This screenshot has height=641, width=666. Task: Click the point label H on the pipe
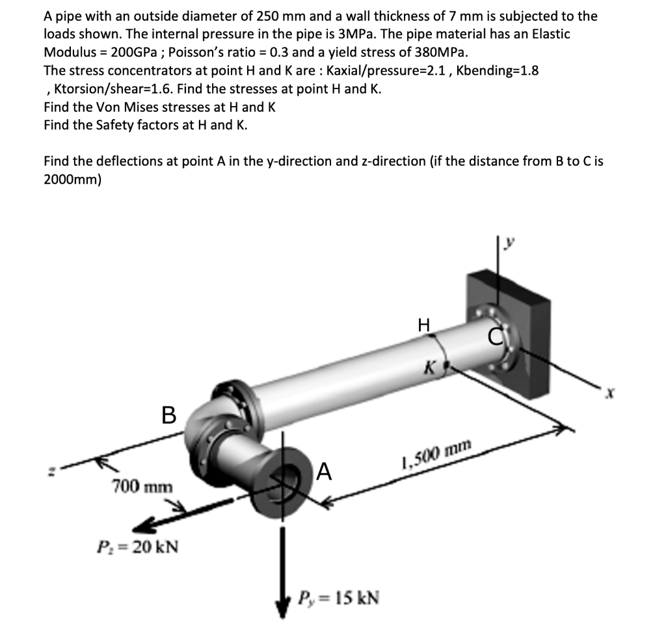coord(424,323)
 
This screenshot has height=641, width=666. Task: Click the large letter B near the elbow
coord(168,415)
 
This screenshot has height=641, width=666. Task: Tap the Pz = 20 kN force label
coord(137,545)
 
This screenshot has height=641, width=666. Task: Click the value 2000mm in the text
coord(72,179)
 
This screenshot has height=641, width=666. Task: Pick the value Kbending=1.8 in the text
coord(498,70)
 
